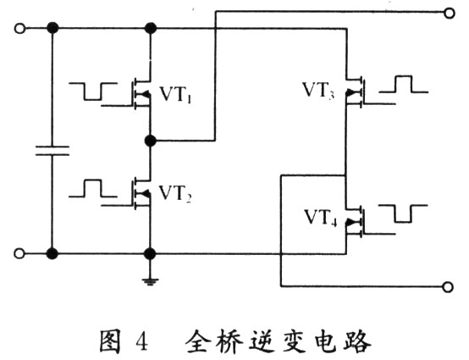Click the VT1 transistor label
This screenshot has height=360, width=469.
175,95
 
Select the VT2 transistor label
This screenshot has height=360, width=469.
175,193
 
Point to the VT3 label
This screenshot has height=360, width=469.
318,90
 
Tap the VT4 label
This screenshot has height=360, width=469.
320,218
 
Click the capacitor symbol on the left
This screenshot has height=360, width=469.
52,151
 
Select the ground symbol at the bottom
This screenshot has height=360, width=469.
150,281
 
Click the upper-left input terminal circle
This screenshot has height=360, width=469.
19,29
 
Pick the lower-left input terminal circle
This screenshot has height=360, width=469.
19,254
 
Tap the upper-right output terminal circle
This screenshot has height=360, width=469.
450,14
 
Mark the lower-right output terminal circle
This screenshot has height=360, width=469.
448,287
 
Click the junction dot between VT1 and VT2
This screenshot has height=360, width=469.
150,141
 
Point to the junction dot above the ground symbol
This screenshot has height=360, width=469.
150,254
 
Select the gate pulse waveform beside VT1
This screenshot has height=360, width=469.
93,91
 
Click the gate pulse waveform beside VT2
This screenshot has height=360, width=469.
93,189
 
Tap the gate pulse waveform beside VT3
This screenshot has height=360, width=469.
404,85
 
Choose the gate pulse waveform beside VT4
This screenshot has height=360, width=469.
404,213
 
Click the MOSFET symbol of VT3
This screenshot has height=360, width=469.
355,92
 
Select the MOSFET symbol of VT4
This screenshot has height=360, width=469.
355,222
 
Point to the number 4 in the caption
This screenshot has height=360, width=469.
141,342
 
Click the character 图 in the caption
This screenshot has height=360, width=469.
110,341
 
